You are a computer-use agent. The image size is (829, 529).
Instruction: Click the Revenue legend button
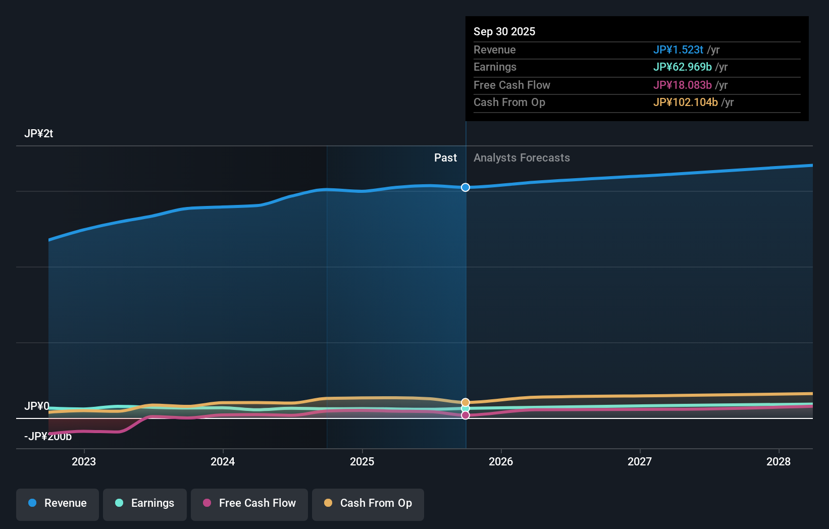58,503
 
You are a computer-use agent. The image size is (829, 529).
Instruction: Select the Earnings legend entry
145,503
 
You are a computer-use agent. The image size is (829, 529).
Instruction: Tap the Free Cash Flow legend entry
249,503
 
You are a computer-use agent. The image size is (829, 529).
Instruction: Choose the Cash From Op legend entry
368,503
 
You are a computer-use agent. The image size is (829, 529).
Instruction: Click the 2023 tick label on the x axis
84,461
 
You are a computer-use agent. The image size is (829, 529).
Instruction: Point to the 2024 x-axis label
223,461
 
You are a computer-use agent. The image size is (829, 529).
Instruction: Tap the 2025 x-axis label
362,461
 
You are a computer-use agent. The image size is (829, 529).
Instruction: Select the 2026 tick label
501,461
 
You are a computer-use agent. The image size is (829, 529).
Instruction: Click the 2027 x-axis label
640,461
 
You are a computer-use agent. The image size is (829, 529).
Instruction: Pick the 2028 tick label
779,461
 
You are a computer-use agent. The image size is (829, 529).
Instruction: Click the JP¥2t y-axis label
38,134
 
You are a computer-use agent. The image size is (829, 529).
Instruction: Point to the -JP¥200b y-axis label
48,437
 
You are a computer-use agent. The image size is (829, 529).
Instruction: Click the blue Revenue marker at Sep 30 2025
465,187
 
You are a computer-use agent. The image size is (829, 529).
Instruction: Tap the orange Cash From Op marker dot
465,402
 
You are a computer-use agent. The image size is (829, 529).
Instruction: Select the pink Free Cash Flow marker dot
465,415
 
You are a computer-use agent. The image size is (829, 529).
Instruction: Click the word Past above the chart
445,158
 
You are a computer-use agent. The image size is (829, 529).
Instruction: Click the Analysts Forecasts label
522,158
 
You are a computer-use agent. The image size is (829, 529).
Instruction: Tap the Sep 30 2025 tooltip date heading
504,31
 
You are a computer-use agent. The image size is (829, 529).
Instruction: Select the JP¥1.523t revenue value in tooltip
678,49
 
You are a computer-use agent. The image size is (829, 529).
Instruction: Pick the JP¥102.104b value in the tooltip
685,102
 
